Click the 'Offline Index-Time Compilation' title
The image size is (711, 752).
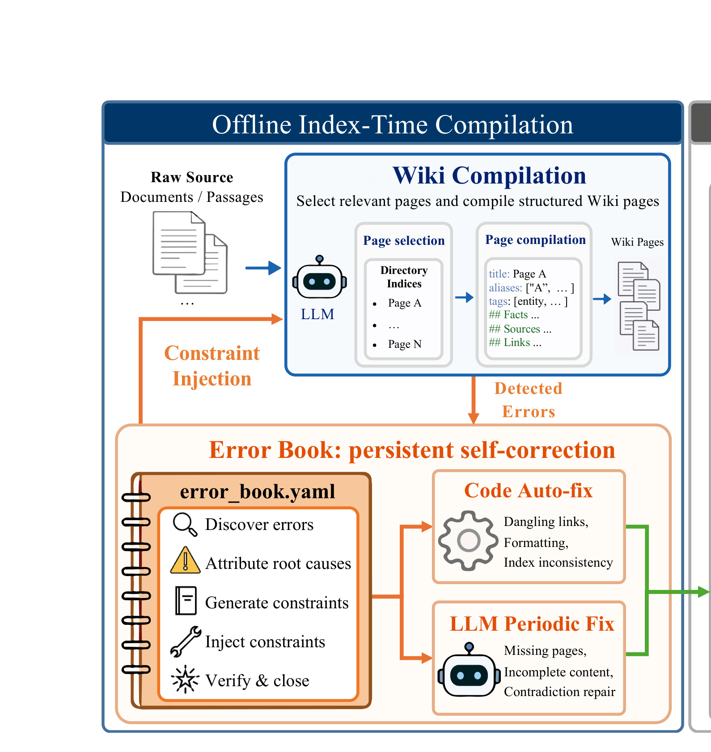[392, 124]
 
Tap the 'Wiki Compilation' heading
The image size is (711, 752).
[489, 175]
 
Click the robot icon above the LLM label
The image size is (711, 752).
[319, 277]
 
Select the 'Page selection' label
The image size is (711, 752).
[404, 241]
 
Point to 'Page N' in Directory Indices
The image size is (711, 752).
[405, 344]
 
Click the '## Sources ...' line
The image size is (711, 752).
[520, 329]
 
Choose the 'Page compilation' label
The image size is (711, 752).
[535, 240]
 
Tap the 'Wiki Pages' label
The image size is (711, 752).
[637, 242]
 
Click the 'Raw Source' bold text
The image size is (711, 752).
[192, 177]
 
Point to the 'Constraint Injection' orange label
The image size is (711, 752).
[212, 366]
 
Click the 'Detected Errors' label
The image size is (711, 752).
[528, 400]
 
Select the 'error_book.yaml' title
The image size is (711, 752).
[258, 491]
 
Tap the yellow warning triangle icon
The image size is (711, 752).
[185, 560]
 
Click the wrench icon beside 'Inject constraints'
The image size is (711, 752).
[186, 641]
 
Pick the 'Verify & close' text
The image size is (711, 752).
[257, 680]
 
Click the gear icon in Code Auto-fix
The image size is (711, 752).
[468, 540]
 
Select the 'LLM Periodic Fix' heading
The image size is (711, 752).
[532, 624]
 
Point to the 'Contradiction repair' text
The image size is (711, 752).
[559, 692]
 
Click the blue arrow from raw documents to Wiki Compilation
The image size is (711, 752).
[263, 268]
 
